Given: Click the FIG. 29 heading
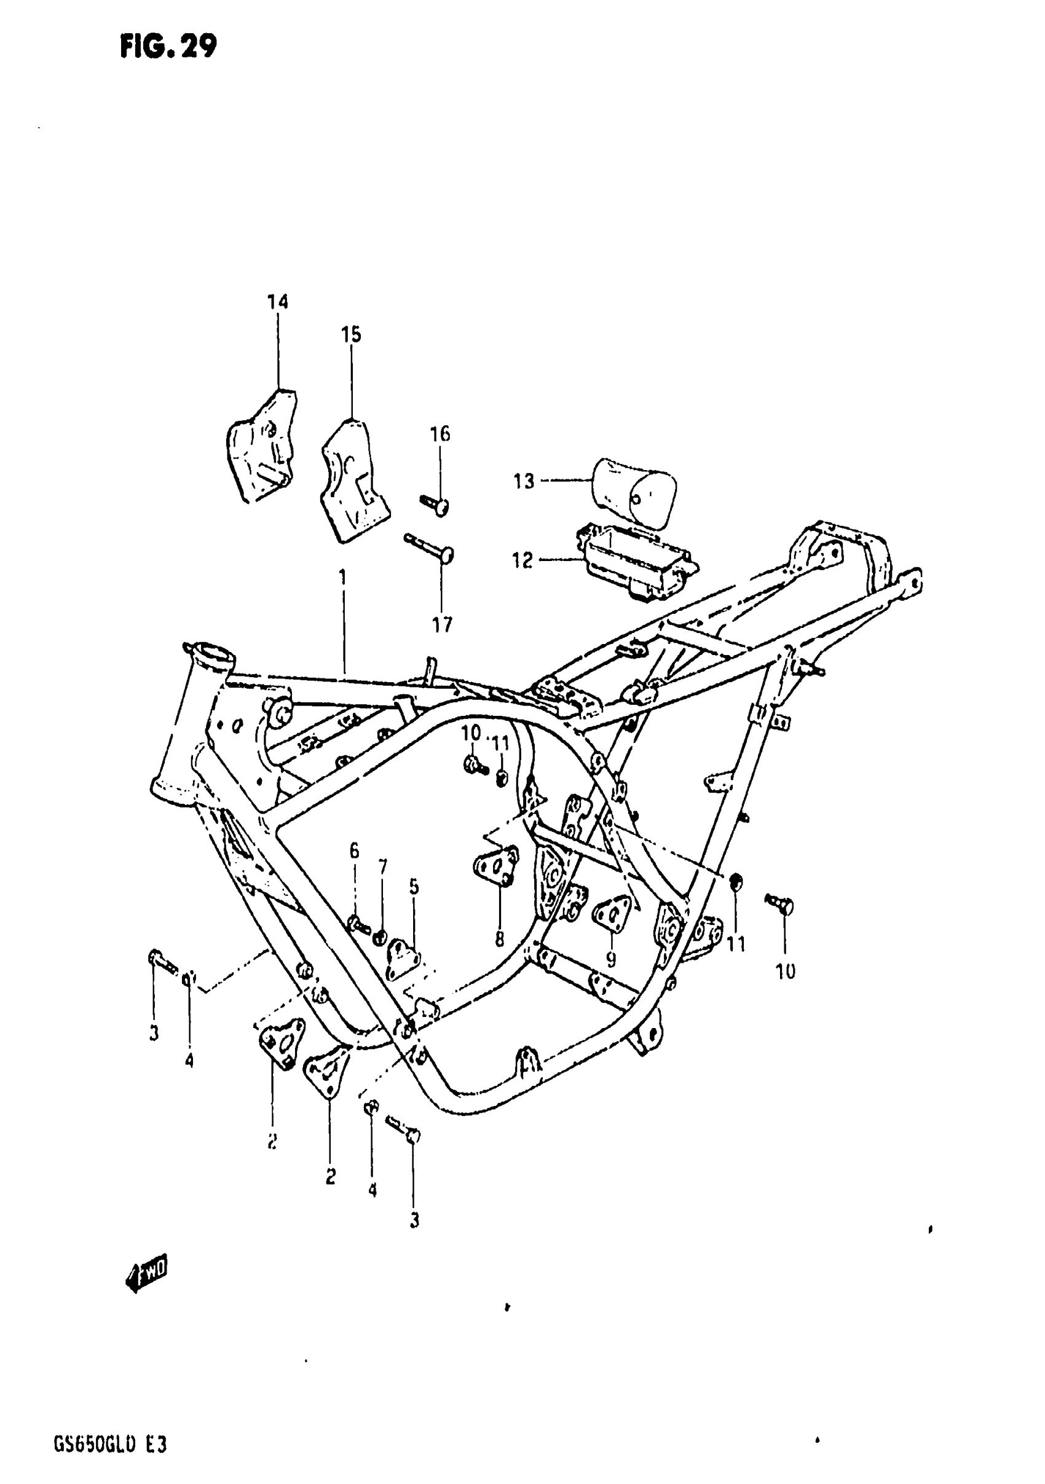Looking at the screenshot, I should click(168, 47).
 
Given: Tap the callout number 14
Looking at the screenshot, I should click(278, 302).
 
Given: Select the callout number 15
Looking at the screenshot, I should click(351, 335).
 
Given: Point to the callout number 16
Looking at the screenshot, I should click(440, 434).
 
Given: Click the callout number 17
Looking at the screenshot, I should click(443, 625).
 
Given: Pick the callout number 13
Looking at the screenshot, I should click(524, 482).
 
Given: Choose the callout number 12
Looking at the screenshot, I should click(522, 560).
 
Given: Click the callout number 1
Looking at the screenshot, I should click(343, 576).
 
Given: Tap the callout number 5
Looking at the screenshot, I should click(414, 887).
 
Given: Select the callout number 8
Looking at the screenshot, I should click(499, 939).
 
